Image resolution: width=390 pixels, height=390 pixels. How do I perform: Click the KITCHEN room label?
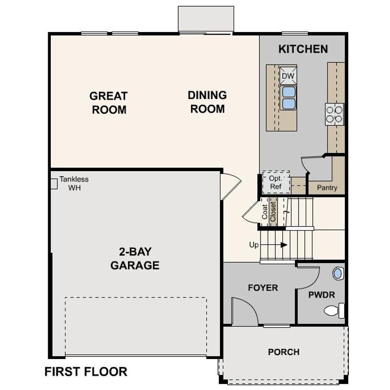303,49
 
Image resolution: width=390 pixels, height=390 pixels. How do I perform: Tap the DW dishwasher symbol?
288,76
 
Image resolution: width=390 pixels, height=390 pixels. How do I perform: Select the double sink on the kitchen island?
288,97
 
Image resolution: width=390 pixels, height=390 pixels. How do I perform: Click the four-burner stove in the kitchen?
334,113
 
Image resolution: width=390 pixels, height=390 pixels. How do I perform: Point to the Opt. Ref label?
276,183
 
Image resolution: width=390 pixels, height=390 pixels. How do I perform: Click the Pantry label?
327,187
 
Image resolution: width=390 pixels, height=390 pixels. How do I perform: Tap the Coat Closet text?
269,211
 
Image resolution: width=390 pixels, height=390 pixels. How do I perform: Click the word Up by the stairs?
254,245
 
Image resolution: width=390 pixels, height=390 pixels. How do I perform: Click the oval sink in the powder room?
338,274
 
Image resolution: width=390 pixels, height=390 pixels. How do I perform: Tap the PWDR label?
321,295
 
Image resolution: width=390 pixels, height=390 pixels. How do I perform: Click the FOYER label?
263,288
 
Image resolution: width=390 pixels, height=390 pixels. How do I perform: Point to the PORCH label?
283,351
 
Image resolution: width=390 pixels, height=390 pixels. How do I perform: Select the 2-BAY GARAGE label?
135,258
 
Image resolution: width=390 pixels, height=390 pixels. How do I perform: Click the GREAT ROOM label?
109,103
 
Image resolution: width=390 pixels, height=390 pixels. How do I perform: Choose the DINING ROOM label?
207,102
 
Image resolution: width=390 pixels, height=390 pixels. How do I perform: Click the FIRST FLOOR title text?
86,372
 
